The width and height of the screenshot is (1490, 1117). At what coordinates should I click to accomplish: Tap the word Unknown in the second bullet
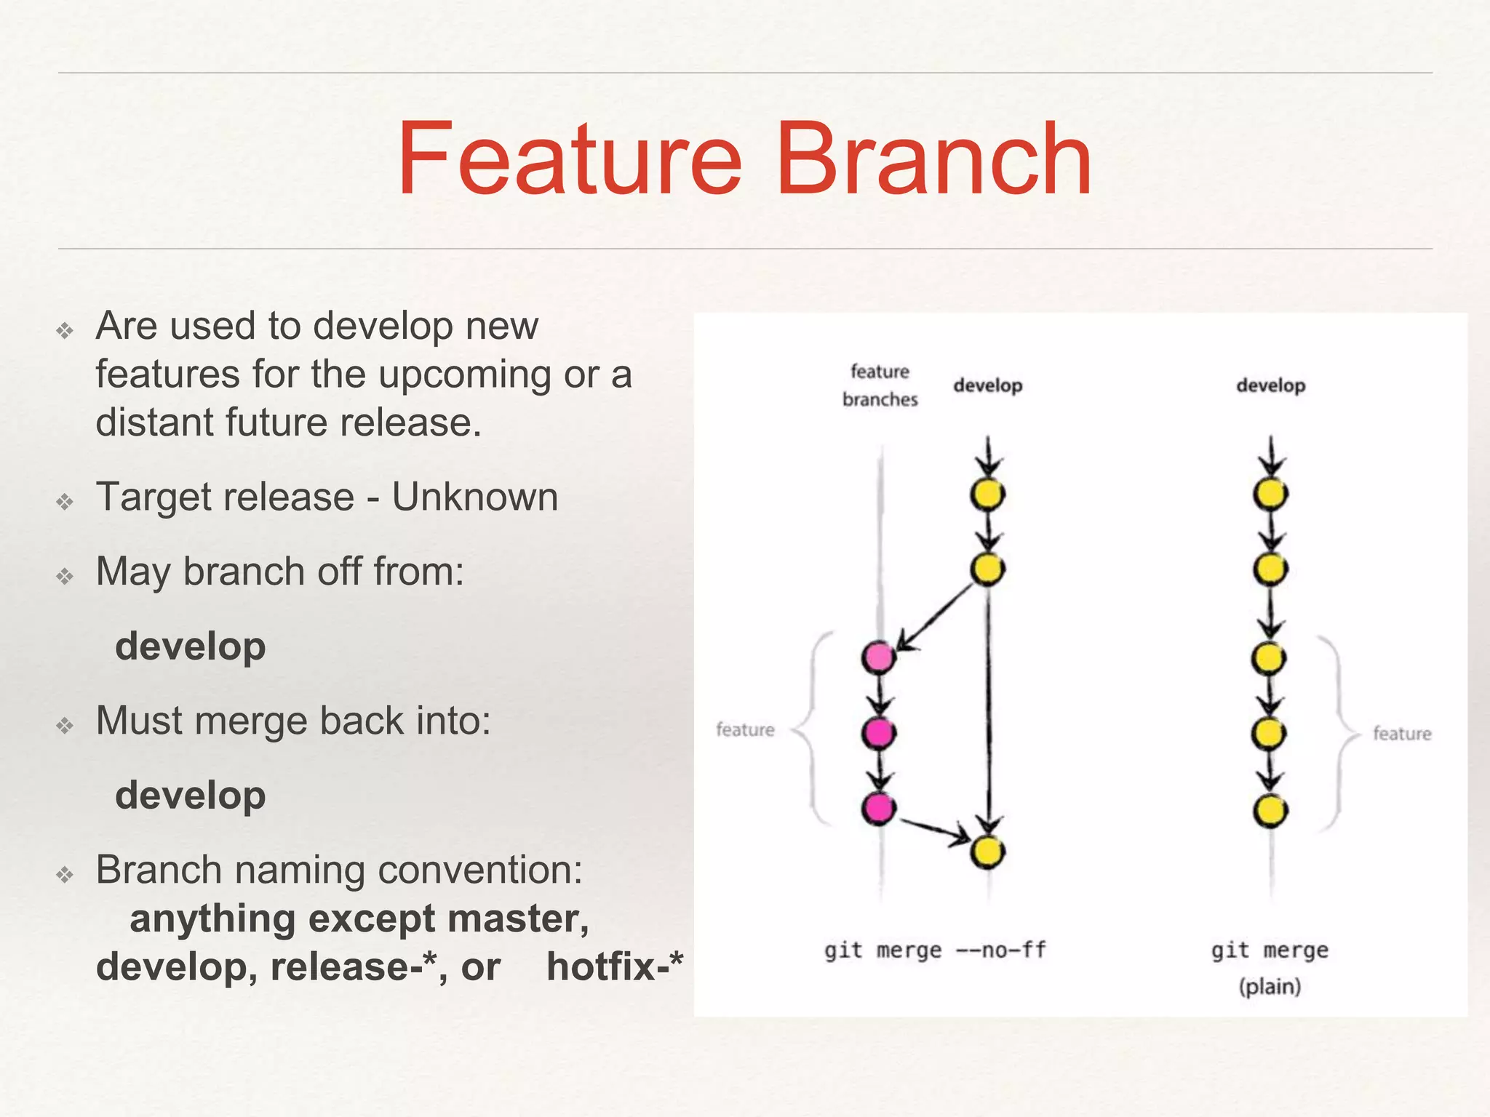point(474,497)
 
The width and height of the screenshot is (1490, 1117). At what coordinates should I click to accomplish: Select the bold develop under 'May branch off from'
point(191,646)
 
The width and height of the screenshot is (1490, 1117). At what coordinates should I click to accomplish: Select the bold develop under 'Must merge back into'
point(191,795)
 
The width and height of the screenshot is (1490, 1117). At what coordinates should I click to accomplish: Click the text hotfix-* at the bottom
point(615,966)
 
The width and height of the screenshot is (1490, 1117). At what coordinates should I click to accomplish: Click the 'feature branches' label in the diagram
point(880,385)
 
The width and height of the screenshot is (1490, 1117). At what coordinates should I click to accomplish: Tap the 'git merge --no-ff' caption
point(935,950)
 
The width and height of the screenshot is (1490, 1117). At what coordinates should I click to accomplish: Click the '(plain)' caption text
point(1270,987)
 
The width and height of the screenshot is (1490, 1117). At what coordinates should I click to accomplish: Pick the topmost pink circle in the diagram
point(879,657)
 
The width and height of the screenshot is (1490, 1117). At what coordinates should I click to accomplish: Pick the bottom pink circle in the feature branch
point(879,808)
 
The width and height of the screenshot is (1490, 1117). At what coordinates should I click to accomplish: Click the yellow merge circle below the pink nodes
point(987,852)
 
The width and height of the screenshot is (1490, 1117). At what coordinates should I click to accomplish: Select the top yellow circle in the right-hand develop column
point(1270,495)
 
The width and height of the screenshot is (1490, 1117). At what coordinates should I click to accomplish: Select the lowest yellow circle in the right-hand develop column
point(1270,811)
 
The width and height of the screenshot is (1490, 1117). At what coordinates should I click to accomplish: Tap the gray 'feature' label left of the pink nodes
point(745,729)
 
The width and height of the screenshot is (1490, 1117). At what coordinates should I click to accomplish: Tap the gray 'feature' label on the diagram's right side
point(1401,733)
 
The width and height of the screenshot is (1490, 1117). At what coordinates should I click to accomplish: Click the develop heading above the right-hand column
point(1270,385)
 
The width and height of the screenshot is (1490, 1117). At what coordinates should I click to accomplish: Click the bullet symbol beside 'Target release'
point(65,502)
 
